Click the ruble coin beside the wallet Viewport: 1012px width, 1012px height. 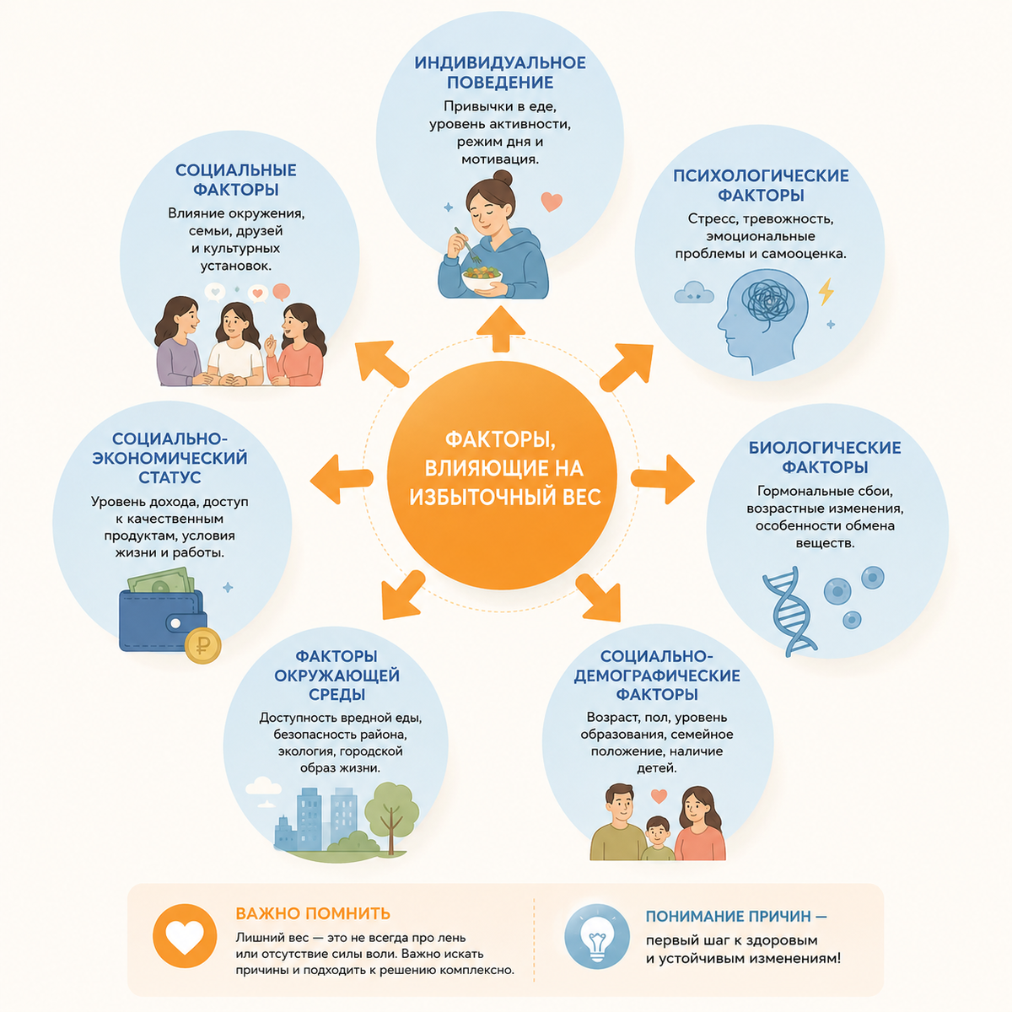click(202, 645)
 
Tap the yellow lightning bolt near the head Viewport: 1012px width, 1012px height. click(826, 292)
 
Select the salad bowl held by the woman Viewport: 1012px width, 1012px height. click(482, 277)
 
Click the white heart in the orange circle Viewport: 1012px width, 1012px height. click(185, 938)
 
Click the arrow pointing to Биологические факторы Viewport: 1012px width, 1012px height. click(664, 480)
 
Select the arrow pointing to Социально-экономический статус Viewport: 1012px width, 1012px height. click(342, 479)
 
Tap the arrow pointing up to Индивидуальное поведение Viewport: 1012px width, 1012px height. click(500, 329)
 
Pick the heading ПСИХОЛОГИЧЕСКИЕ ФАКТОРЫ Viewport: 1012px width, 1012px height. click(761, 186)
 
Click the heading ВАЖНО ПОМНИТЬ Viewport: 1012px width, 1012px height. click(313, 913)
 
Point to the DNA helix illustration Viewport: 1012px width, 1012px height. click(789, 611)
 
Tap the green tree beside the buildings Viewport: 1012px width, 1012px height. click(391, 817)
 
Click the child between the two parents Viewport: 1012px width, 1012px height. click(658, 838)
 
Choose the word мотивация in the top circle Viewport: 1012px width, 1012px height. click(500, 159)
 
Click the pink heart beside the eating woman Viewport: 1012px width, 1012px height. click(552, 202)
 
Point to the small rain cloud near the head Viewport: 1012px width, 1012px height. click(694, 293)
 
